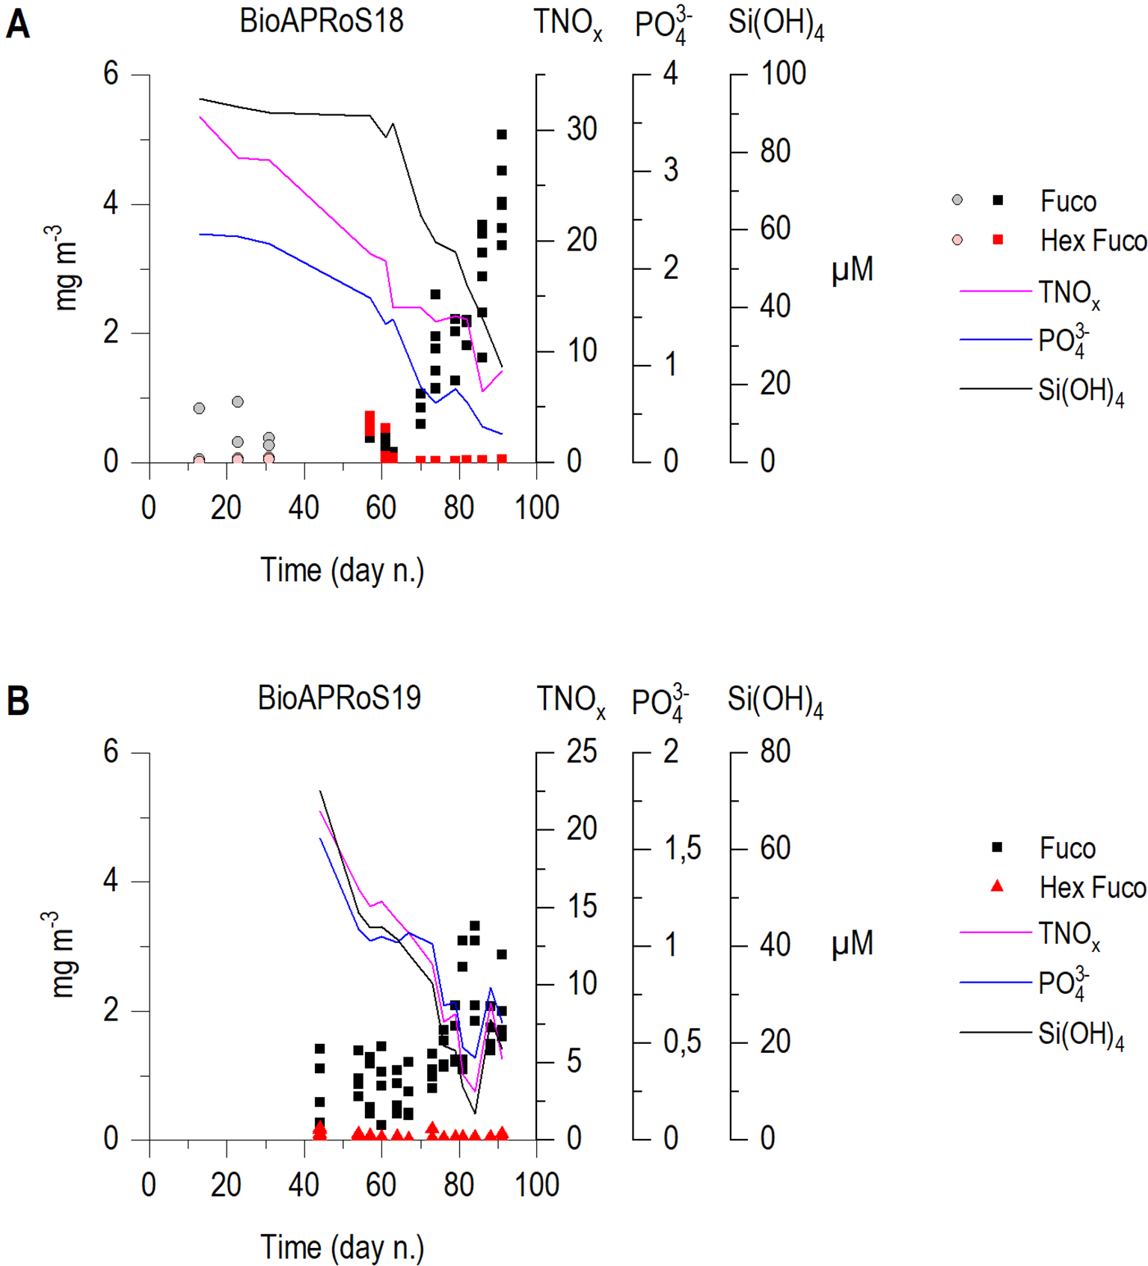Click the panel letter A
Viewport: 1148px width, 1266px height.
click(18, 24)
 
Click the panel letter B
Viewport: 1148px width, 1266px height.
click(18, 701)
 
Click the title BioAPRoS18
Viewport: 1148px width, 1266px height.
click(321, 21)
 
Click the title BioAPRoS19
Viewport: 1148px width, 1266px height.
click(339, 698)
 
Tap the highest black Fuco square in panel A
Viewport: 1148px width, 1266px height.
click(502, 135)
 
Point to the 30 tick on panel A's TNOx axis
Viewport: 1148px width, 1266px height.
click(581, 129)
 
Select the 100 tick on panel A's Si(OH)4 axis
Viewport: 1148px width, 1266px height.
click(783, 73)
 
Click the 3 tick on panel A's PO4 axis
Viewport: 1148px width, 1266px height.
click(670, 170)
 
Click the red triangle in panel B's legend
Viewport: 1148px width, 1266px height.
click(997, 887)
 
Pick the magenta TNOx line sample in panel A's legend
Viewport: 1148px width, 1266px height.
click(995, 291)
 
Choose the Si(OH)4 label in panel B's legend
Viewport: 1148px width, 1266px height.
click(1081, 1035)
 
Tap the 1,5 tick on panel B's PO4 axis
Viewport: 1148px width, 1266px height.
click(681, 849)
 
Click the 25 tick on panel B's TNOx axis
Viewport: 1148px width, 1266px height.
click(581, 752)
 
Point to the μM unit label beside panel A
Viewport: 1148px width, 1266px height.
click(852, 270)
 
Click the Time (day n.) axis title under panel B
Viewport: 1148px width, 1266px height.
click(342, 1247)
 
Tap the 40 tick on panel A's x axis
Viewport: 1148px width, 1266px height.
click(304, 508)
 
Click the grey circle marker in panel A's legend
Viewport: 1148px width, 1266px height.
click(957, 200)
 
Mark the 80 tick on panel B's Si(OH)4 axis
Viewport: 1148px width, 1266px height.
click(775, 752)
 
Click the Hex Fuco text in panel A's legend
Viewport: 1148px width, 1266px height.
click(1093, 241)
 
